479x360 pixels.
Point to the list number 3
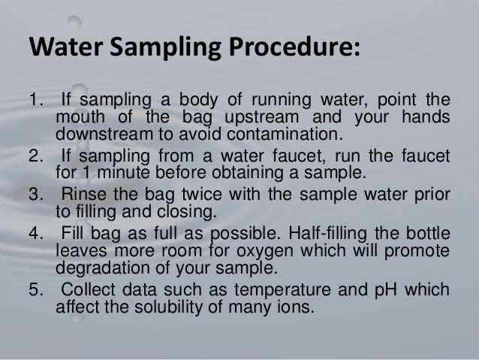(35, 195)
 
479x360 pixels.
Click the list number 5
(35, 289)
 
